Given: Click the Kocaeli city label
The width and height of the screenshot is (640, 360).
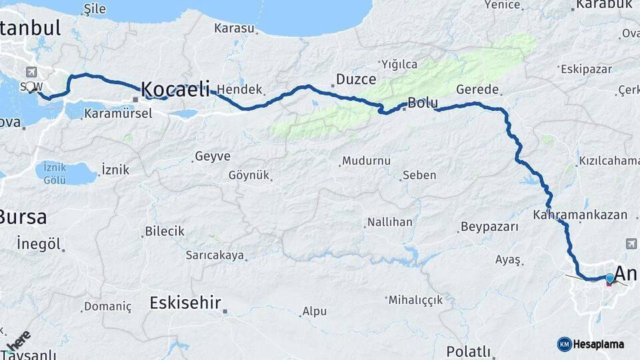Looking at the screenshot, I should (x=175, y=89).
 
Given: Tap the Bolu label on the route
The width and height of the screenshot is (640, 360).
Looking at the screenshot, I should (x=423, y=103).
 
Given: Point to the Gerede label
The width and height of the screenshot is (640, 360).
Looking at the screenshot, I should (x=477, y=90).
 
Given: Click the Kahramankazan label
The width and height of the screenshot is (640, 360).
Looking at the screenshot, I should (x=580, y=215).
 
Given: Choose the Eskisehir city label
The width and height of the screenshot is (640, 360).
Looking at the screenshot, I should (x=185, y=303).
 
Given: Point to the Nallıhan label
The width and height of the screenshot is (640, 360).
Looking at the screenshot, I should (x=389, y=222).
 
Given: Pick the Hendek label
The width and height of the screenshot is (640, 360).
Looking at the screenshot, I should (x=239, y=89).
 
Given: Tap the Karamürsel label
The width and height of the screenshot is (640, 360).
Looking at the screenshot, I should (x=118, y=113).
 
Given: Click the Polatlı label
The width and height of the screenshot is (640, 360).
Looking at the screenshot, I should (x=468, y=351).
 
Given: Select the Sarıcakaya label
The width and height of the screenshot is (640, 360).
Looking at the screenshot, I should (x=215, y=255).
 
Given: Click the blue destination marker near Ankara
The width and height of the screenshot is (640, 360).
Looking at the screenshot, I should (x=609, y=277).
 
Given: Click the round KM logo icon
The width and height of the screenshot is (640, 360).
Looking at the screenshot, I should (x=564, y=344).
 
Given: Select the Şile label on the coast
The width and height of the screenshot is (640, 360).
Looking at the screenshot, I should (x=92, y=9).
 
